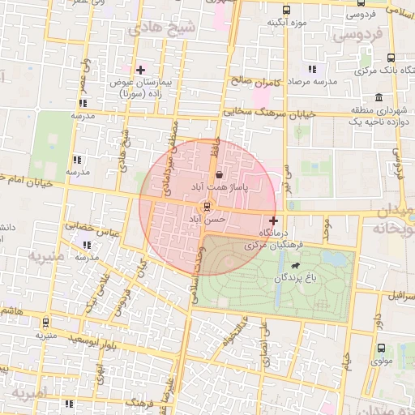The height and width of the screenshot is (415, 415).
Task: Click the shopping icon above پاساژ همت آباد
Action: (x=220, y=174)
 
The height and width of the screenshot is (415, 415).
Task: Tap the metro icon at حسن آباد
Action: (x=208, y=207)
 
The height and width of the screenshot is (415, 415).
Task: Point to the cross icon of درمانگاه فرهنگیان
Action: (x=273, y=220)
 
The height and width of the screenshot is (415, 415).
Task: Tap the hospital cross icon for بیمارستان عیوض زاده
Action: (x=141, y=70)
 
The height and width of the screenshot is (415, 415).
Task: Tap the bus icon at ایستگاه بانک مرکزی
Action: (x=391, y=58)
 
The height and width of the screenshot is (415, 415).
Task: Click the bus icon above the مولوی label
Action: (x=381, y=348)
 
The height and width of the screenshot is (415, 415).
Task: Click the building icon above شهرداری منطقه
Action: (x=379, y=97)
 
